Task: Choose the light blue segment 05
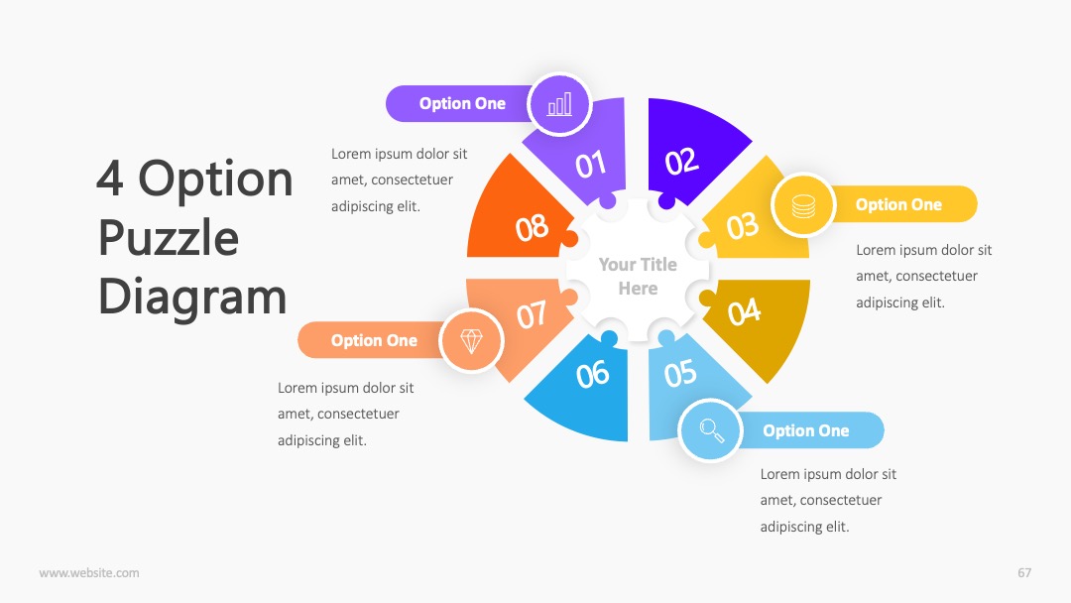coord(686,383)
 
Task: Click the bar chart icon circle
coord(559,104)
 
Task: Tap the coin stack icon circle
coord(803,205)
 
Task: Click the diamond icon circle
coord(471,340)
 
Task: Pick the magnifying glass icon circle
coord(710,430)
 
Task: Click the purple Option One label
coord(462,104)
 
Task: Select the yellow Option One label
coord(898,204)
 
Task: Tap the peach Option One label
coord(374,340)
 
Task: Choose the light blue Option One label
coord(806,430)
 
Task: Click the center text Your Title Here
coord(638,276)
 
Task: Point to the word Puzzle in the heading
coord(169,239)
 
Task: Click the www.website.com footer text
coord(89,573)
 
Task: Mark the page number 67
coord(1024,573)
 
